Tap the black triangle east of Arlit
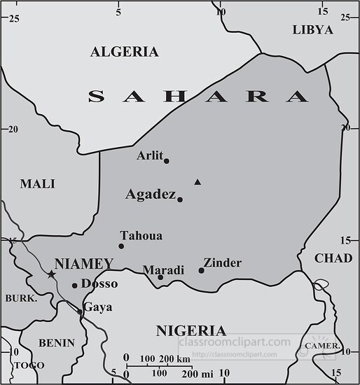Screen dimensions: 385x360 198,182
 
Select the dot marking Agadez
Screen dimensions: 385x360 180,199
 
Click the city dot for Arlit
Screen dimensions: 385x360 166,161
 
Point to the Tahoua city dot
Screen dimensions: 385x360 121,246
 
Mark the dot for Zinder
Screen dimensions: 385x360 201,270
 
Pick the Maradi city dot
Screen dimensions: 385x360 160,277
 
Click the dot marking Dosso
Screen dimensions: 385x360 75,285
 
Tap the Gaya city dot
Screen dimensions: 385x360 79,311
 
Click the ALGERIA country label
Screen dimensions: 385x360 125,52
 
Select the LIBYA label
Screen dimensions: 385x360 312,29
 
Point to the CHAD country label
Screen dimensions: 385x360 333,258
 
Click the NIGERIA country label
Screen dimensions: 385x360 191,330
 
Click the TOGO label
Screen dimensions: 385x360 29,365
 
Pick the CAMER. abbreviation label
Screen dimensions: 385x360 323,346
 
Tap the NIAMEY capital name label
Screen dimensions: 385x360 83,264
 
